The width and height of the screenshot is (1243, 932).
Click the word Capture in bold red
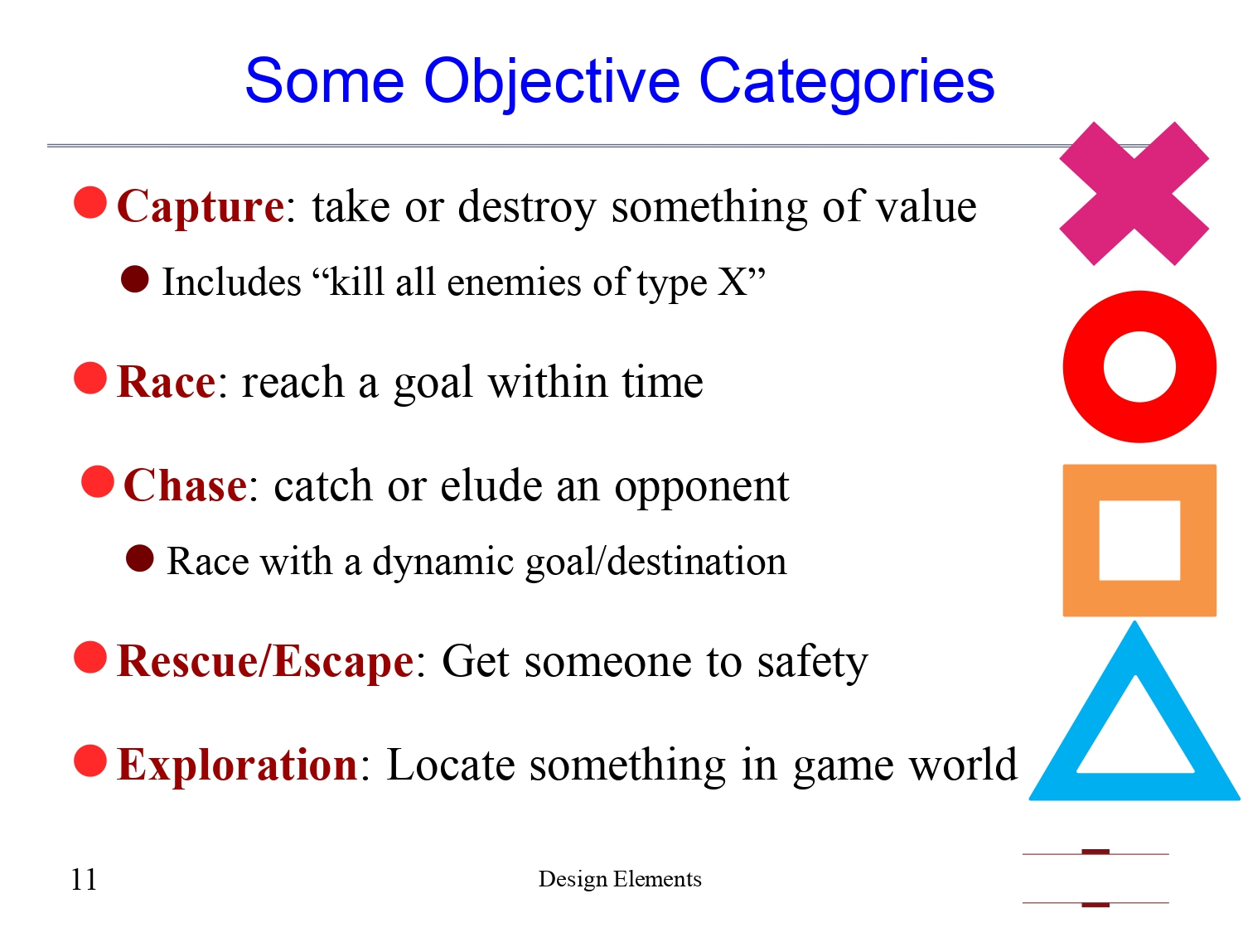point(201,206)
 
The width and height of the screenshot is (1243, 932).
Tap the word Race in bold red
point(167,383)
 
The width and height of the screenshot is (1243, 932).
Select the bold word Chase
point(185,485)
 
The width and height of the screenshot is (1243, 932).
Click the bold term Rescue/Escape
point(265,661)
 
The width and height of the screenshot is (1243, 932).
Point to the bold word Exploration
point(237,764)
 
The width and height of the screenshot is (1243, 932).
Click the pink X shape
point(1134,194)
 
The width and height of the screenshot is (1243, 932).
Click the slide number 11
point(84,879)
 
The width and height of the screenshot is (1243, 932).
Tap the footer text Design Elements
point(620,879)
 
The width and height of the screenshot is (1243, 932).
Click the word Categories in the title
point(846,81)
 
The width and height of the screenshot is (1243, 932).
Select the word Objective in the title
point(552,81)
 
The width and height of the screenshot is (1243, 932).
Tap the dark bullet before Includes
point(135,279)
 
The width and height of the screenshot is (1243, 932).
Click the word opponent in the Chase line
point(701,487)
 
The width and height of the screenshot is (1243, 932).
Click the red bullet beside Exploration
point(90,761)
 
